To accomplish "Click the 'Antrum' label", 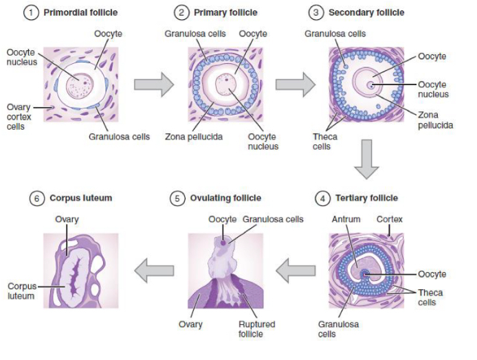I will (346, 220).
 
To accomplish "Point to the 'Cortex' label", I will (389, 220).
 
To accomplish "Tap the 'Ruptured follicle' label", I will (256, 329).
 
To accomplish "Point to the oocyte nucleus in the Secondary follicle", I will (370, 85).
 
